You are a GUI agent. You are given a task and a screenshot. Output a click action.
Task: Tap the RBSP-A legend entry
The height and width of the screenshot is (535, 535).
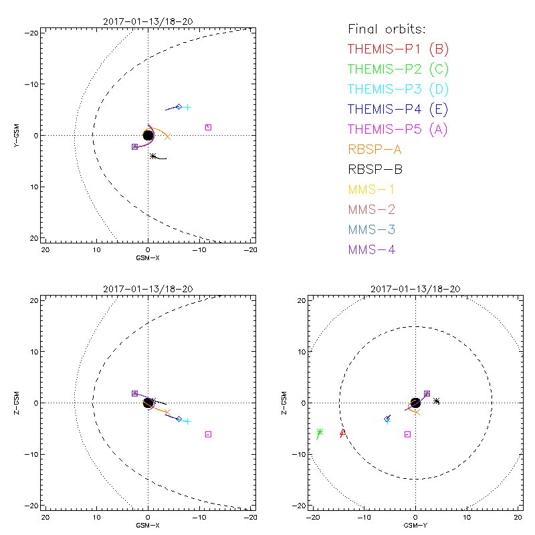375,149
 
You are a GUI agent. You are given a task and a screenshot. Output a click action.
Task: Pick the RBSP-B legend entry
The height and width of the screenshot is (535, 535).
375,169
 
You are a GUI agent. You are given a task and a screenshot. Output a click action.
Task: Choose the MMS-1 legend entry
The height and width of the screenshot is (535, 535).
373,189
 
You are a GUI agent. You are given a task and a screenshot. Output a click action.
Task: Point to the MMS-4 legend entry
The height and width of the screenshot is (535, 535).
373,249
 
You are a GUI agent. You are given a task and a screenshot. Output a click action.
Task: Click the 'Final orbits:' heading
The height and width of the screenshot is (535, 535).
387,29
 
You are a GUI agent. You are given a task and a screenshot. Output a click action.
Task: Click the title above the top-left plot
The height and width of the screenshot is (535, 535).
148,21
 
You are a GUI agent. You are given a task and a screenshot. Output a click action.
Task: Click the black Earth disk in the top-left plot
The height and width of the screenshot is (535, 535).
148,135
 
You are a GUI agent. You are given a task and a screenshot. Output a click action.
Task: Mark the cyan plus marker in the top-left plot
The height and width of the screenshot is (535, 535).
187,107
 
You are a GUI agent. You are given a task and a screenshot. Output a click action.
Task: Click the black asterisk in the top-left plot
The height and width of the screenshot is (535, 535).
153,156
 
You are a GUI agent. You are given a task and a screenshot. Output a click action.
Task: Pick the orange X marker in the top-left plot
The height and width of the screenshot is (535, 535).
167,137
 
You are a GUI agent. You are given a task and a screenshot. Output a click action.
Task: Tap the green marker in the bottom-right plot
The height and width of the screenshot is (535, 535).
320,433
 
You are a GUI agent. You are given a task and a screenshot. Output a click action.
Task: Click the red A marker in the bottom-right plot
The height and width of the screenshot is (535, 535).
342,433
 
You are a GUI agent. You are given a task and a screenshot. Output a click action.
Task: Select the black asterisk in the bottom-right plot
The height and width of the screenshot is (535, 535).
437,401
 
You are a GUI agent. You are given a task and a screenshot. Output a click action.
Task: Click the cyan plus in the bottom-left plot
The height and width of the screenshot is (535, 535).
187,421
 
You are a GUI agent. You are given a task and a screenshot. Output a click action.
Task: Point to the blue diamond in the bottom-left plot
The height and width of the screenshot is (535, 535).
179,419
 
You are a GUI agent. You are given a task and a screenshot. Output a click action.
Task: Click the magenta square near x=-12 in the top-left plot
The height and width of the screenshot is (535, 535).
208,127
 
